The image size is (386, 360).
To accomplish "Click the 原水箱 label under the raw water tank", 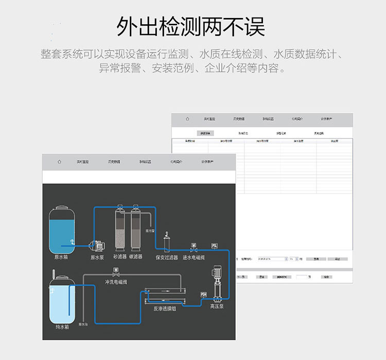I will click(x=61, y=256).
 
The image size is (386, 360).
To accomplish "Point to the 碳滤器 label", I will click(x=135, y=256).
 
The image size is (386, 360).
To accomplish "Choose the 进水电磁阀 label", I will click(x=194, y=257).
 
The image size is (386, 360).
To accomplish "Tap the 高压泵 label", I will click(x=217, y=306).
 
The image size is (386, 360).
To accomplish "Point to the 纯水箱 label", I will click(x=62, y=327).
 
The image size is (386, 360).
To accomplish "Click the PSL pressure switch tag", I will click(x=214, y=245).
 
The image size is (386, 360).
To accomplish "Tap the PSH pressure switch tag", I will click(x=203, y=294).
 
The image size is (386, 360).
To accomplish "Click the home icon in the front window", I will click(x=59, y=162).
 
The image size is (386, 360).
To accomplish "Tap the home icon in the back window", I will click(x=188, y=119).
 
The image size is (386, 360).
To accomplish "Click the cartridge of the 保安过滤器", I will click(x=166, y=243).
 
